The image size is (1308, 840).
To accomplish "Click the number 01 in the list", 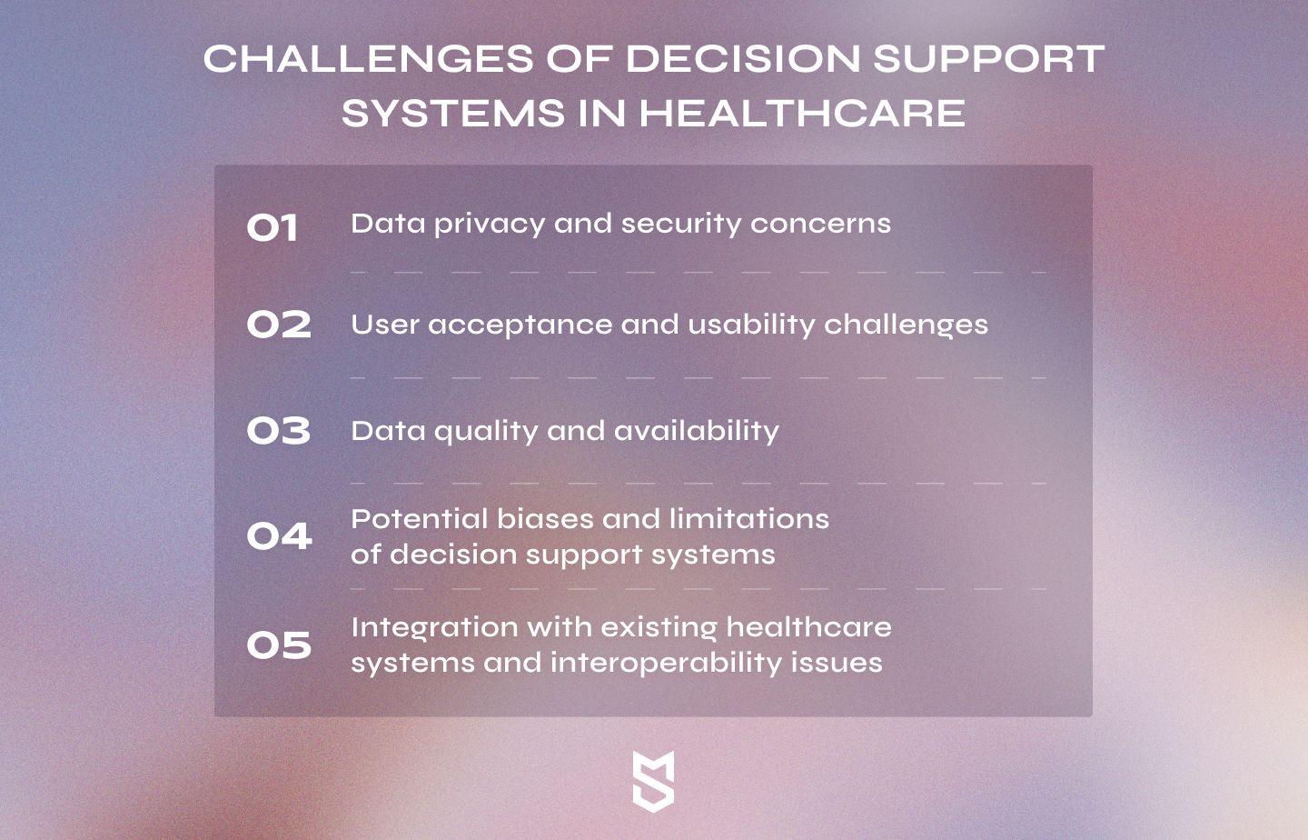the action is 272,227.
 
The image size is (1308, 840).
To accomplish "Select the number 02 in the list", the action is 279,324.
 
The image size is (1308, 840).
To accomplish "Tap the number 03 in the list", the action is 279,431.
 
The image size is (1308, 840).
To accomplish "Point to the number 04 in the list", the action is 279,536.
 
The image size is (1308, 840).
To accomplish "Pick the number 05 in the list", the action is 279,645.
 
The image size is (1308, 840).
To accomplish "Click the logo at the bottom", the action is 653,782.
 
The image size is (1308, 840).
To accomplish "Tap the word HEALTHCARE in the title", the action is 802,113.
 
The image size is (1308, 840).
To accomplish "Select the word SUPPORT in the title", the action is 988,59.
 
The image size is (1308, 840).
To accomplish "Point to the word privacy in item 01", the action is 490,225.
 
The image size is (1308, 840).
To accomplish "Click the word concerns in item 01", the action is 820,224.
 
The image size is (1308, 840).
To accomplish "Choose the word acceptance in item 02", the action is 520,325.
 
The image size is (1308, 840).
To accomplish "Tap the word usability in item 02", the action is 751,325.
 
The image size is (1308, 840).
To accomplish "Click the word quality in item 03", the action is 486,432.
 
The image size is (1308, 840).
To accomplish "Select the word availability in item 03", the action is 696,432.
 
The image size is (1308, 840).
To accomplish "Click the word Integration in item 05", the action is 434,629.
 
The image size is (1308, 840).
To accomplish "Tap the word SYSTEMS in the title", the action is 453,113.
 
